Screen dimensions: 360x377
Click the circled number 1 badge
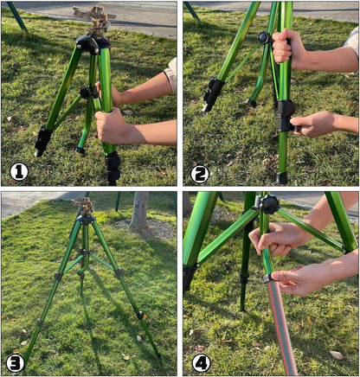tap(19, 172)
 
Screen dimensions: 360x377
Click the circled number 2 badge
tap(200, 174)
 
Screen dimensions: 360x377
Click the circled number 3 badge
tap(16, 363)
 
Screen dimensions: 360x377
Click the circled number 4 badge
tap(202, 363)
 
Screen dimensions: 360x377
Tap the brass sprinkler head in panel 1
tap(95, 18)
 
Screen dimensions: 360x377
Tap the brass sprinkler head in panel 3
tap(86, 205)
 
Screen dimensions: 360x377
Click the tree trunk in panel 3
tap(139, 210)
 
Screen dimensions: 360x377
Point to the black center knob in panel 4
tap(269, 204)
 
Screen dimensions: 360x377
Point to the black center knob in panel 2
tap(264, 38)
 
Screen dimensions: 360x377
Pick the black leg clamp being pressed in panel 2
tap(286, 116)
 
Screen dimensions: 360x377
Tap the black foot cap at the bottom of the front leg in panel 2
tap(282, 178)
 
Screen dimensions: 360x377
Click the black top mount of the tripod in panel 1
tap(93, 44)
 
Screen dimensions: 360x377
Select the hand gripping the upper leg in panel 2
tap(286, 49)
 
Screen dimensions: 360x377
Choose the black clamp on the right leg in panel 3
tap(119, 272)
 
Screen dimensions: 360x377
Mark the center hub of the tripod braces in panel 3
tap(83, 252)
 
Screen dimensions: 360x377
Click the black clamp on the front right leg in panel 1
tap(112, 168)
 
